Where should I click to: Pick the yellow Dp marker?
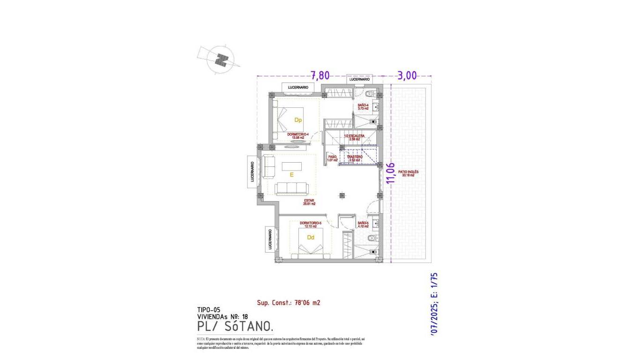click(298, 120)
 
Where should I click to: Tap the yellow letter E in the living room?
click(291, 174)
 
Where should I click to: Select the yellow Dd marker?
click(310, 237)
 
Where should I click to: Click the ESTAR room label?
click(309, 202)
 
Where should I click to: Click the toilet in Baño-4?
click(370, 92)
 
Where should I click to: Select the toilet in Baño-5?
click(372, 239)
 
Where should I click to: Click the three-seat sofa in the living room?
click(291, 188)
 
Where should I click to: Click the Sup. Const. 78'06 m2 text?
click(289, 303)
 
